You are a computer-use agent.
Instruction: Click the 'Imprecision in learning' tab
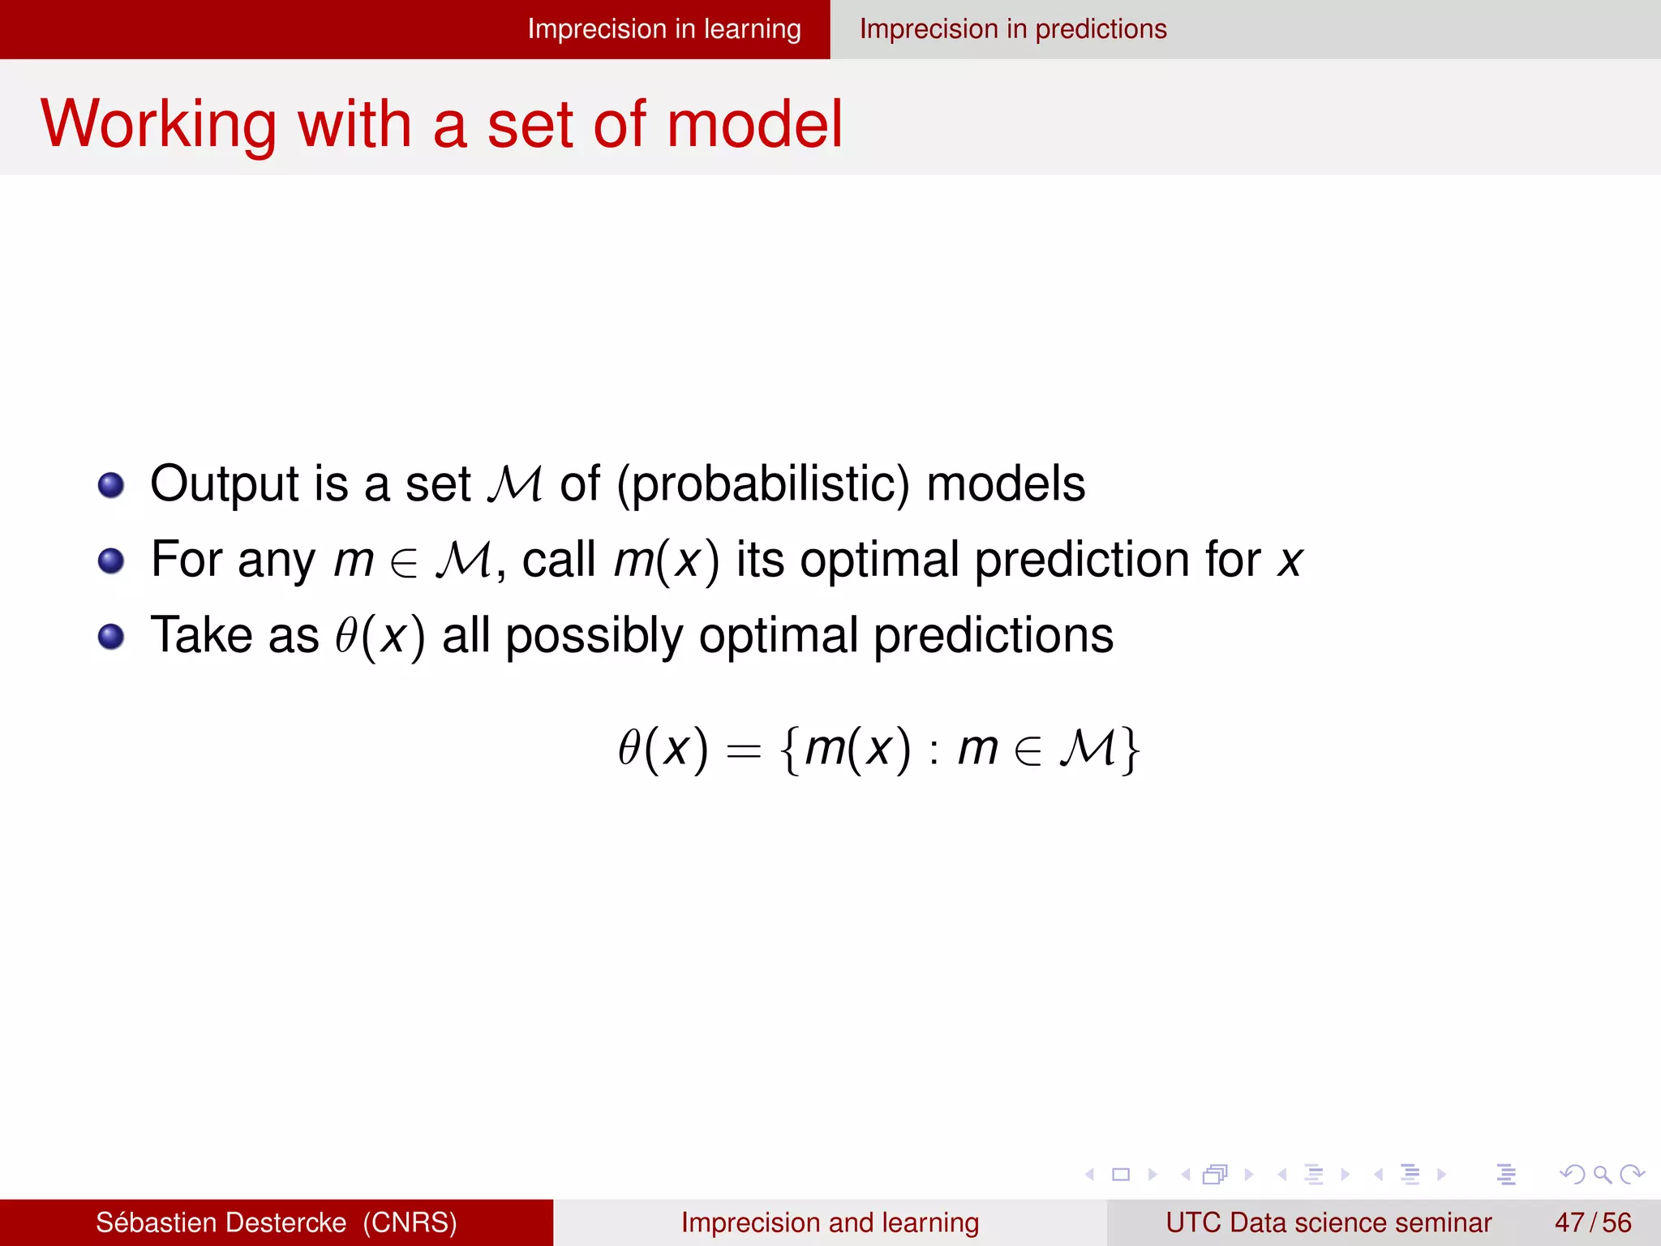pos(663,29)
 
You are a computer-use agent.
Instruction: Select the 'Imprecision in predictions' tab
pos(1013,29)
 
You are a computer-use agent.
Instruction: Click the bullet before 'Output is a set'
pos(111,485)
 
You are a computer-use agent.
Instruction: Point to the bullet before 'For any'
pos(111,561)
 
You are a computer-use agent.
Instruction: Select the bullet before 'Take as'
pos(111,636)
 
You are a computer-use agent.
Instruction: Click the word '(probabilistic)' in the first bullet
pos(762,484)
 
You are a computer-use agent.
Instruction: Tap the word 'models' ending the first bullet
pos(1005,484)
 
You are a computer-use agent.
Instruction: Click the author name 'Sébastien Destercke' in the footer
pos(221,1222)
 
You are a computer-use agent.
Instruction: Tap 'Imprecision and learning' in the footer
pos(830,1222)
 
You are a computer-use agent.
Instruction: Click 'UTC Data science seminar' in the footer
pos(1328,1222)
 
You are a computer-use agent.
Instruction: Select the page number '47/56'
pos(1592,1222)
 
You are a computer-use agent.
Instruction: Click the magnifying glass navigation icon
pos(1602,1175)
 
